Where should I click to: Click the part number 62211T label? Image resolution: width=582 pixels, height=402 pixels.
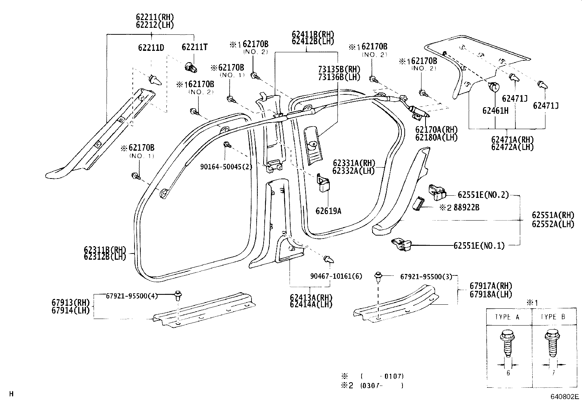(x=194, y=47)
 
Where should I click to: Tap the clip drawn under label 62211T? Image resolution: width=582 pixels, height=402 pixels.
(x=190, y=67)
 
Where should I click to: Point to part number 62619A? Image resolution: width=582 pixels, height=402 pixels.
(x=328, y=211)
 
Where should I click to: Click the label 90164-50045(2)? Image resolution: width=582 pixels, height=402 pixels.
(x=226, y=167)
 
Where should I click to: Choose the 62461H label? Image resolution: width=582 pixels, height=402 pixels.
(x=495, y=110)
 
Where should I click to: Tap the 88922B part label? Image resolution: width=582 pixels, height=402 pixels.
(x=466, y=207)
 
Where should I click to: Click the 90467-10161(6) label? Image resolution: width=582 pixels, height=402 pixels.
(x=336, y=277)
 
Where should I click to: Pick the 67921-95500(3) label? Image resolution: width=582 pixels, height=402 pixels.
(x=426, y=277)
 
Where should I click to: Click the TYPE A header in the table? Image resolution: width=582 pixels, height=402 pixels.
(x=507, y=317)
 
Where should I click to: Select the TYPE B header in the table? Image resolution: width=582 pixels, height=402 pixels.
(x=553, y=317)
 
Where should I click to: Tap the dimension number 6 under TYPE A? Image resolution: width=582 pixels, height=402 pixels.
(x=508, y=373)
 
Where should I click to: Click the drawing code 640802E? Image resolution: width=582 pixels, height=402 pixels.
(x=565, y=397)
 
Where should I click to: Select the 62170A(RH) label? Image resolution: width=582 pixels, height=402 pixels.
(x=436, y=129)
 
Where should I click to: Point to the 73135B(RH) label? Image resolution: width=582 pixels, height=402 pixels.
(x=339, y=69)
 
